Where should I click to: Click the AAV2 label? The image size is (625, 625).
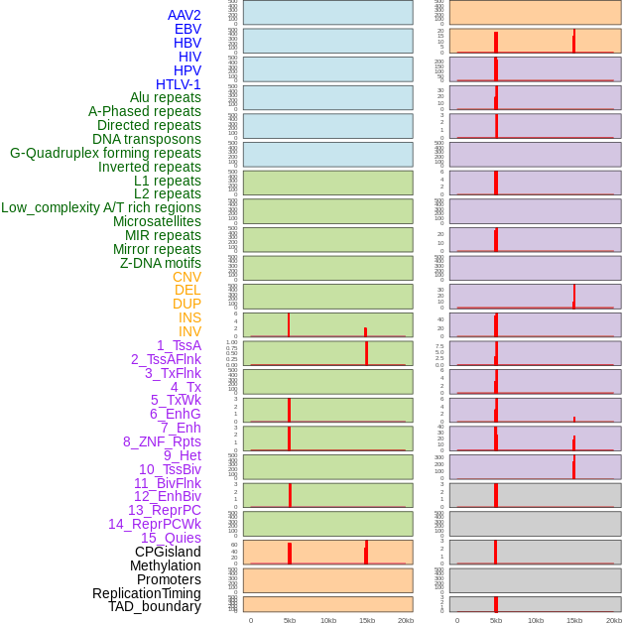(x=185, y=15)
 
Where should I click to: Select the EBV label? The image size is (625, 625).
(x=187, y=29)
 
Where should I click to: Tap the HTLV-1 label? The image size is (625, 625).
(x=179, y=84)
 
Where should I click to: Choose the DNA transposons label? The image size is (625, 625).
(x=147, y=139)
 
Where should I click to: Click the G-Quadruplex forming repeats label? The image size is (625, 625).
(x=105, y=153)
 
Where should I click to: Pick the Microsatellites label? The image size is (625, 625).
(x=157, y=221)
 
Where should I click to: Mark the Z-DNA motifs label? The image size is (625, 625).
(x=161, y=263)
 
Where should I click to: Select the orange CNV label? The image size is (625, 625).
(x=187, y=277)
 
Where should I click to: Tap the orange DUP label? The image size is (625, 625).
(x=187, y=304)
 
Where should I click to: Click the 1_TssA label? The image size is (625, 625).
(x=179, y=345)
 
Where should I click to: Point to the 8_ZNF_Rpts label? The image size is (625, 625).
(x=162, y=441)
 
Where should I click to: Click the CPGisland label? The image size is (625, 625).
(x=168, y=552)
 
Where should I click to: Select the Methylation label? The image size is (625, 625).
(x=166, y=565)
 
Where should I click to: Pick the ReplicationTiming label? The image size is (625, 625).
(x=147, y=593)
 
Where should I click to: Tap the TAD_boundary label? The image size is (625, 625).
(x=155, y=606)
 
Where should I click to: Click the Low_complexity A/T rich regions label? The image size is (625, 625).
(x=101, y=207)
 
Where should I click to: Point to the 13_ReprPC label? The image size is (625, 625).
(x=165, y=510)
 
